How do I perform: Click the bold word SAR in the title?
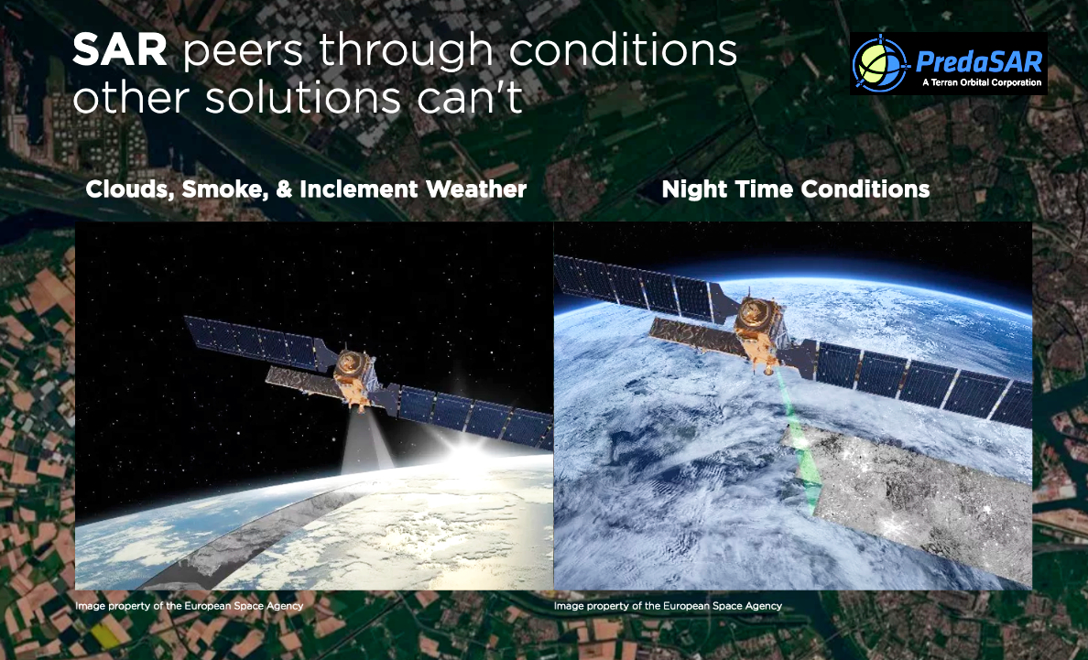coord(119,50)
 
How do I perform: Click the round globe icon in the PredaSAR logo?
coord(880,64)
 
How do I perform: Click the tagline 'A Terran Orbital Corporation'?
coord(981,82)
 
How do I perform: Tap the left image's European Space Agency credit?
coord(189,606)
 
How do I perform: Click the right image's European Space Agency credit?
coord(668,606)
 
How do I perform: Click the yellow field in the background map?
coord(104,634)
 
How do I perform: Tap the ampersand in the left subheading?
coord(284,189)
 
